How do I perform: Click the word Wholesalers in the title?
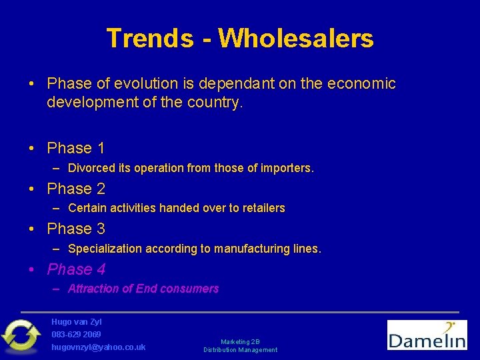point(295,38)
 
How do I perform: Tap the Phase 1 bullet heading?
point(76,148)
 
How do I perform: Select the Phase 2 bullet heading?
point(76,189)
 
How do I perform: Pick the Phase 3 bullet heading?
point(76,229)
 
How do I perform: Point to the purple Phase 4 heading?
point(76,269)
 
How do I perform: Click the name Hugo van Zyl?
point(77,321)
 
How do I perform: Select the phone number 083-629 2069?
point(76,334)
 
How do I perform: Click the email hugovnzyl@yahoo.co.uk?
point(99,347)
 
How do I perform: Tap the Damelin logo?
point(427,335)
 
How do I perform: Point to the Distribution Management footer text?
point(241,350)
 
